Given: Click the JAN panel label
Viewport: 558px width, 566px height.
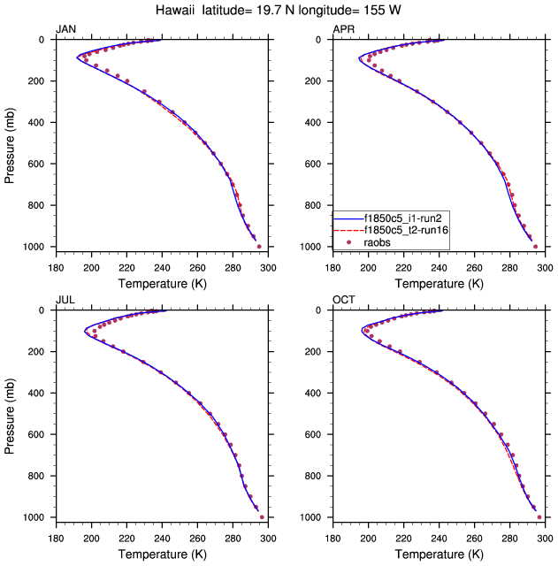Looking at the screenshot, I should point(66,30).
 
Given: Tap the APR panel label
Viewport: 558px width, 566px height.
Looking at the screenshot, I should point(344,30).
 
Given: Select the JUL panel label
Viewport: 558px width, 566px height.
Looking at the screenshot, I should point(66,301).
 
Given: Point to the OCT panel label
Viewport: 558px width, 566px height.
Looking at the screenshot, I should point(344,301).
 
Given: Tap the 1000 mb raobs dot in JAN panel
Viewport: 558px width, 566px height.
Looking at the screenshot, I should point(259,247).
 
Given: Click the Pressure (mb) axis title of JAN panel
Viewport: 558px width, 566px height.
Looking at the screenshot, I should point(11,142).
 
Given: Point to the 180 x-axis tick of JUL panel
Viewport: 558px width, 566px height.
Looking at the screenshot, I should point(56,538).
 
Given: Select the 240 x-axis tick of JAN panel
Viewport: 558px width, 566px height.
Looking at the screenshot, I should point(162,267).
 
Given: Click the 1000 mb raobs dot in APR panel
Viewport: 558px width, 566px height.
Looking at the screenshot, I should point(536,247).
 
